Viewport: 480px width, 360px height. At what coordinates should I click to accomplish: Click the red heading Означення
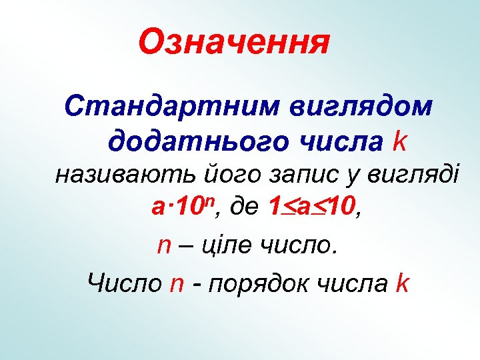(x=234, y=43)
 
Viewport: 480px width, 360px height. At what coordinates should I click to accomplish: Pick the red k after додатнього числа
(x=400, y=141)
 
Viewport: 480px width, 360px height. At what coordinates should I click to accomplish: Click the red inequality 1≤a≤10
(x=311, y=210)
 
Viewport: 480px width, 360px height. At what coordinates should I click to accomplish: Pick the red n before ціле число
(x=165, y=247)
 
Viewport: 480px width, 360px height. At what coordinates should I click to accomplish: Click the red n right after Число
(x=177, y=284)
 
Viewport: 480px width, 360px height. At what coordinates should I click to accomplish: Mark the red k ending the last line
(x=401, y=283)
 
